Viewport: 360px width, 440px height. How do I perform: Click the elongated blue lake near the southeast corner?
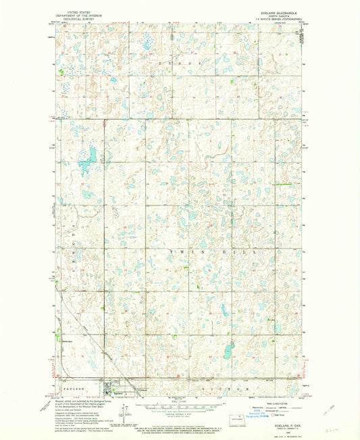pyautogui.click(x=228, y=350)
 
